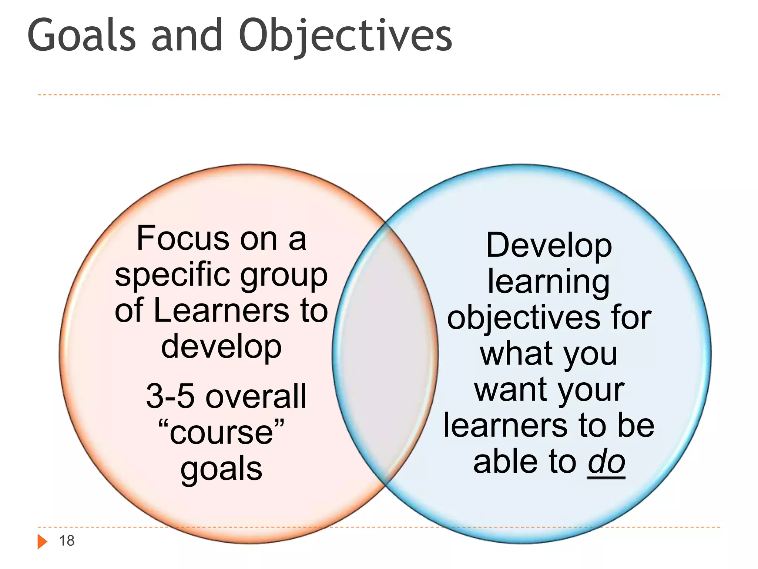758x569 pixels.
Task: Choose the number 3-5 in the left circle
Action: click(170, 396)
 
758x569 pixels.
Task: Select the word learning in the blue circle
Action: click(549, 282)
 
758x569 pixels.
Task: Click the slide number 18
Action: click(67, 541)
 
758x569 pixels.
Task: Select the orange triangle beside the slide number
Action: click(42, 542)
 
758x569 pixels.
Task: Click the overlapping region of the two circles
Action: click(385, 354)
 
